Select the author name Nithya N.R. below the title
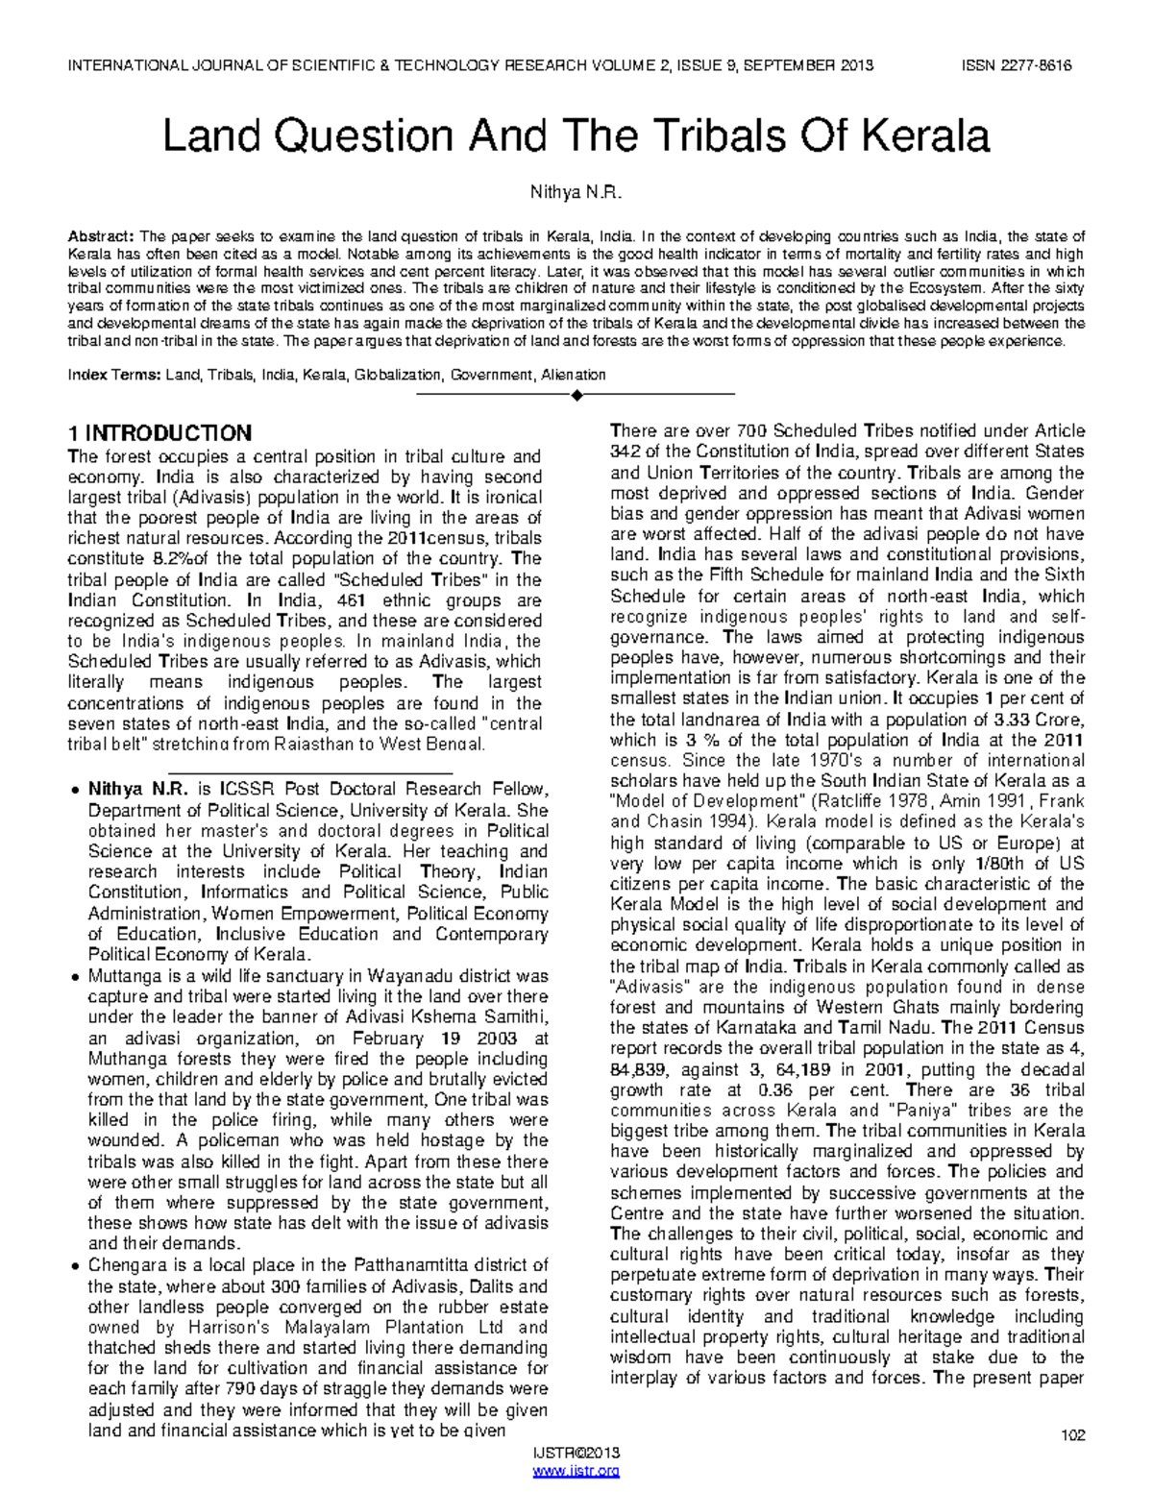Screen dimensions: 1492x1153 tap(576, 193)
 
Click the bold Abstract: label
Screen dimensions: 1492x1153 tap(100, 236)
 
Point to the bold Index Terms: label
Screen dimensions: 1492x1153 tap(113, 375)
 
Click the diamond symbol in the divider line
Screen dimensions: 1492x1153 tap(576, 395)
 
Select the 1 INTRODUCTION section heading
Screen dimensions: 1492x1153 tap(159, 433)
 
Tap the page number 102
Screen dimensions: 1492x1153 tap(1072, 1435)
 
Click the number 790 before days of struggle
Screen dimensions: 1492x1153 tap(238, 1389)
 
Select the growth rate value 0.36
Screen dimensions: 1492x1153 tap(778, 1089)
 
